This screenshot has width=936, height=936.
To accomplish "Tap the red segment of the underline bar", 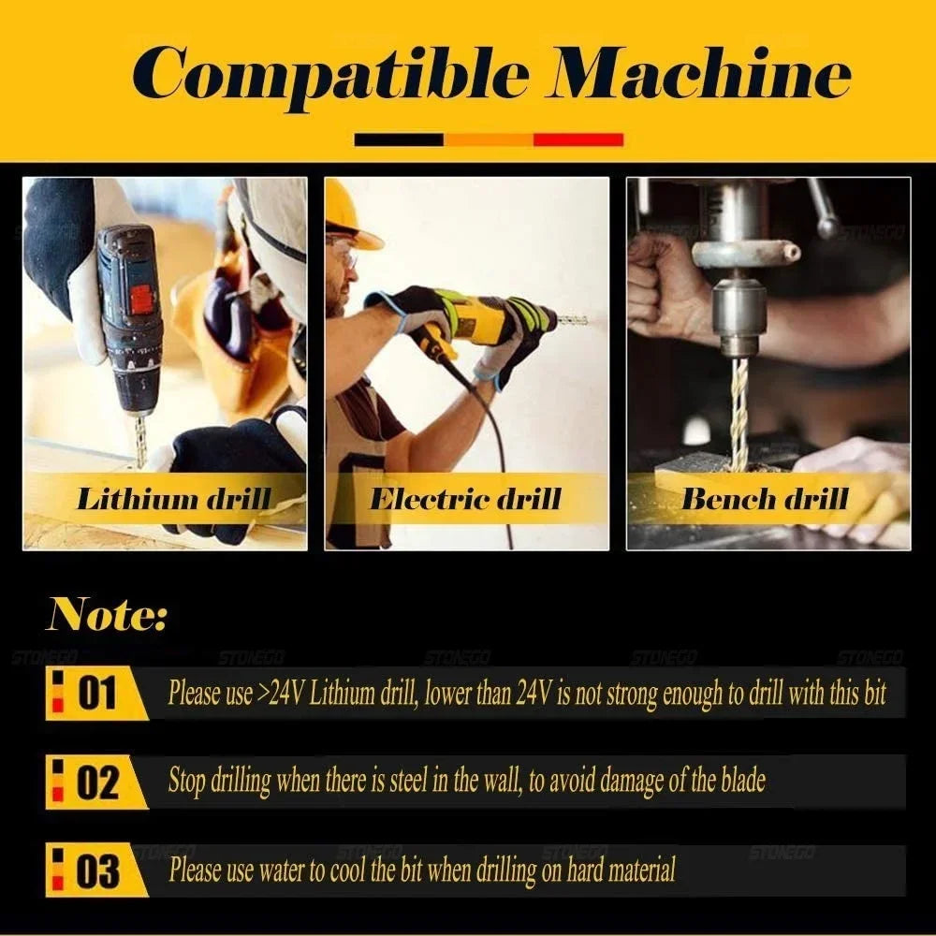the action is pyautogui.click(x=578, y=139).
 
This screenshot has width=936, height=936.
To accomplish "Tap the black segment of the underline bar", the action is pyautogui.click(x=399, y=139).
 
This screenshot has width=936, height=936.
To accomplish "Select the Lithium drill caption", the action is pyautogui.click(x=174, y=499).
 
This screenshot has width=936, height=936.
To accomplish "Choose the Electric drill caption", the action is pyautogui.click(x=465, y=499).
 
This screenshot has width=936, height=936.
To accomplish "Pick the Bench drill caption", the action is pyautogui.click(x=765, y=499).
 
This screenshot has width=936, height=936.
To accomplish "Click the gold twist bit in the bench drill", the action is pyautogui.click(x=739, y=413).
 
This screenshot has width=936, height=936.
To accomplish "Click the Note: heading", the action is pyautogui.click(x=107, y=614).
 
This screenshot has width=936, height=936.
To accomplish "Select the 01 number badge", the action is pyautogui.click(x=96, y=693).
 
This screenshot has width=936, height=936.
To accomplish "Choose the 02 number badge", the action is pyautogui.click(x=96, y=782).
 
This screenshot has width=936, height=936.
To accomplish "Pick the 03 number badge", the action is pyautogui.click(x=96, y=870).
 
